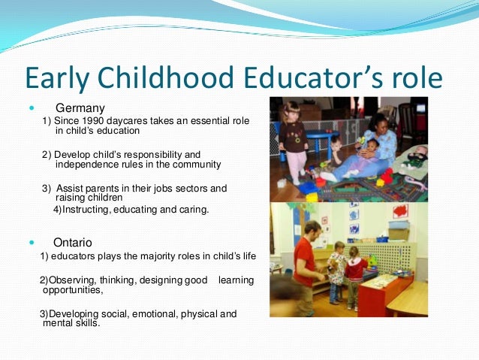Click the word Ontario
click(73, 243)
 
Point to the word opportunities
click(72, 289)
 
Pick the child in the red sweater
click(352, 272)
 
